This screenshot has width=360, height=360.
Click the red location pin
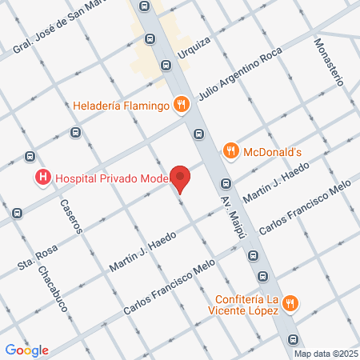(x=182, y=178)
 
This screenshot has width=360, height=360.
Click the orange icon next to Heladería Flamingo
(x=182, y=104)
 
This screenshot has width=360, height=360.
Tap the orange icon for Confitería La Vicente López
(x=291, y=303)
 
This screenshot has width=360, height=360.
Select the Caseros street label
(x=70, y=215)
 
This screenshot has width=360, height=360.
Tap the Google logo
(x=27, y=349)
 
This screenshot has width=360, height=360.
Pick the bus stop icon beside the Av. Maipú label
(x=226, y=186)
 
